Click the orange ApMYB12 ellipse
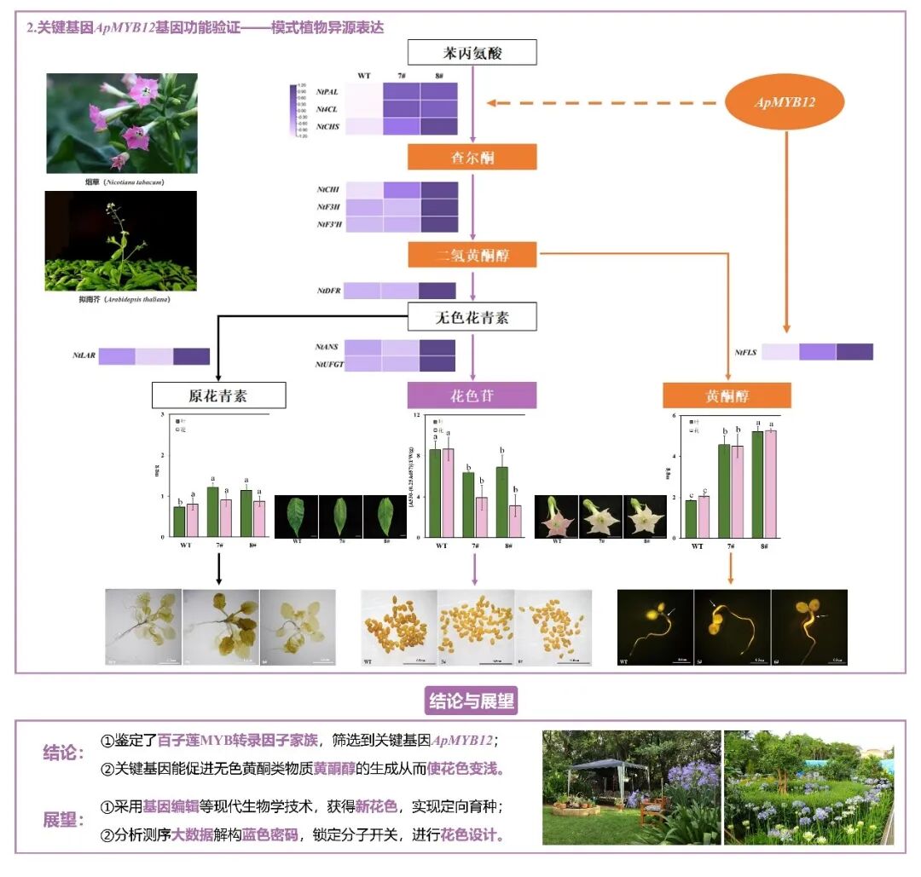pyautogui.click(x=785, y=102)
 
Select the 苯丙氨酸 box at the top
pyautogui.click(x=472, y=53)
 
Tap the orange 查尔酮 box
pyautogui.click(x=472, y=157)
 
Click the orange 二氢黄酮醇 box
pyautogui.click(x=472, y=254)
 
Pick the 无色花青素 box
pyautogui.click(x=472, y=318)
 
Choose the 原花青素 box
pyautogui.click(x=218, y=395)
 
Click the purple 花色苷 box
pyautogui.click(x=472, y=395)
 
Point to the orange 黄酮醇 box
pyautogui.click(x=727, y=395)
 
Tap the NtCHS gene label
pyautogui.click(x=329, y=126)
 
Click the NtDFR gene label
pyautogui.click(x=329, y=291)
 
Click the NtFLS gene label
pyautogui.click(x=746, y=352)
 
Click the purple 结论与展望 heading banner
pyautogui.click(x=472, y=701)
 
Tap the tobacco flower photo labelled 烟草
pyautogui.click(x=122, y=123)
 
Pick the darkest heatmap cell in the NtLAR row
pyautogui.click(x=192, y=356)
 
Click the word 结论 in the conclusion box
pyautogui.click(x=63, y=753)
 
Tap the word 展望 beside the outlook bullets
pyautogui.click(x=63, y=820)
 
